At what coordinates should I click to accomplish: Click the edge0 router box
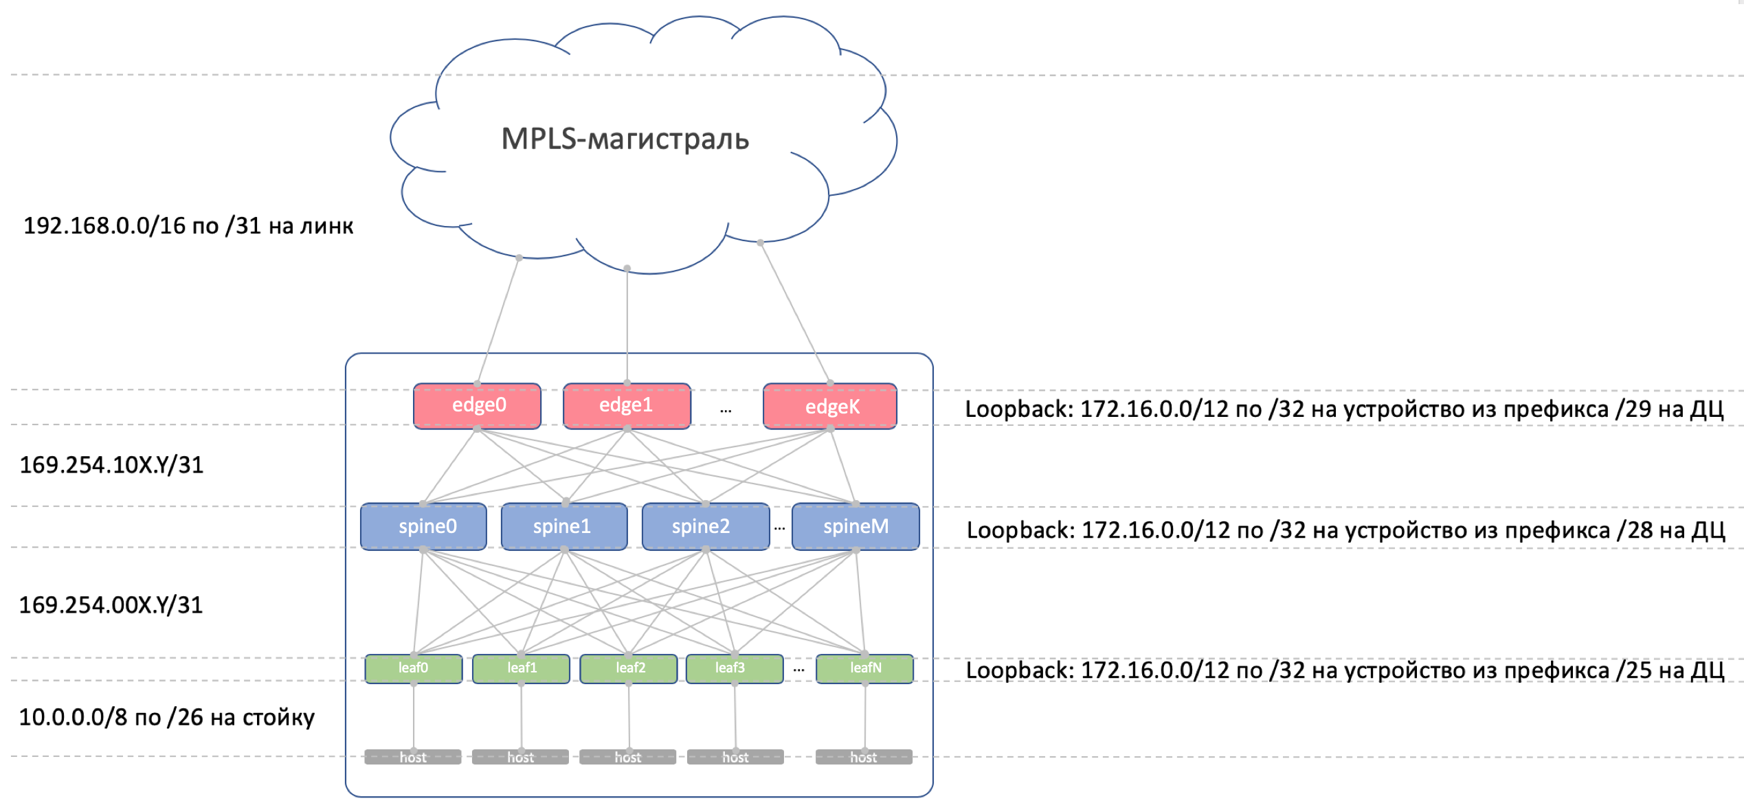coord(477,406)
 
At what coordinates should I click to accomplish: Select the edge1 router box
coord(627,406)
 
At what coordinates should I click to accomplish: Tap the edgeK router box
coord(830,406)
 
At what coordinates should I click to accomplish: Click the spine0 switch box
coord(423,526)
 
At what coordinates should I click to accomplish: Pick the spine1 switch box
coord(564,526)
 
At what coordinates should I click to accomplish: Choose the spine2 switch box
coord(706,526)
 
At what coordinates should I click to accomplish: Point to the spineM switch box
coord(856,526)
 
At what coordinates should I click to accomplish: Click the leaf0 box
coord(414,668)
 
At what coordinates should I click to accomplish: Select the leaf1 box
coord(522,668)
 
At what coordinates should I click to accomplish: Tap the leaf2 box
coord(629,668)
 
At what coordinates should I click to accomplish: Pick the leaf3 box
coord(735,668)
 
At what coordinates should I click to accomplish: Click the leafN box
coord(864,668)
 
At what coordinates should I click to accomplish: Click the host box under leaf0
coord(413,757)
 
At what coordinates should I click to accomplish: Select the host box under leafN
coord(864,757)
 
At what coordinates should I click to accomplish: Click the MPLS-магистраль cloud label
coord(625,139)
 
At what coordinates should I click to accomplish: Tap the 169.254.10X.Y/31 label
coord(111,465)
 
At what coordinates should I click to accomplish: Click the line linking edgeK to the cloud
coord(795,313)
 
